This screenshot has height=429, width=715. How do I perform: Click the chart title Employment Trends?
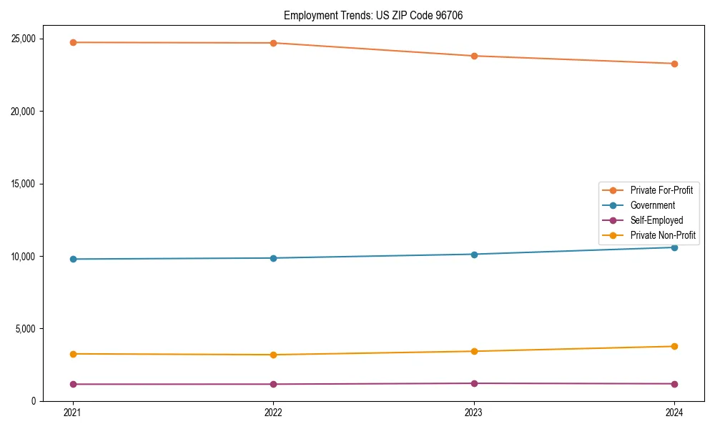(x=373, y=16)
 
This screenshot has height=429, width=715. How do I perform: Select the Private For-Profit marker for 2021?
(x=73, y=42)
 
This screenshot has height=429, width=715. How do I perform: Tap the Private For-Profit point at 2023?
(x=474, y=56)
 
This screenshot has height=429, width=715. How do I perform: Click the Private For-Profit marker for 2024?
(x=674, y=64)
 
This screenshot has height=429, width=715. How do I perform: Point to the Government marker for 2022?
(x=273, y=258)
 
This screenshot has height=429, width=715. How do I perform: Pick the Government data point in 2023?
(x=474, y=254)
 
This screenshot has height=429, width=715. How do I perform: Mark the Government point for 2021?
(x=73, y=259)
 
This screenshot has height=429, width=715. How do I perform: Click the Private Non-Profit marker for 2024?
(x=674, y=346)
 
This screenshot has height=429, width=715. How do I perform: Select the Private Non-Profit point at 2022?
(x=273, y=355)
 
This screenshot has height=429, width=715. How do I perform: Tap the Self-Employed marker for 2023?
(x=474, y=383)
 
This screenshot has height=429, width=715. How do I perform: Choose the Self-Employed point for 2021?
(x=73, y=384)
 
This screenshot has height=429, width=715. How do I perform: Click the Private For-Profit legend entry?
(x=661, y=190)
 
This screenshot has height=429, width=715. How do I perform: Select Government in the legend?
(x=652, y=205)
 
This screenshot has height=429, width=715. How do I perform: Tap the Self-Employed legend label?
(x=656, y=220)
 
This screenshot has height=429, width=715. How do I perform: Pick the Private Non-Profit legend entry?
(x=663, y=235)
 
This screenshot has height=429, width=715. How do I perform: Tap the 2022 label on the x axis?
(x=273, y=413)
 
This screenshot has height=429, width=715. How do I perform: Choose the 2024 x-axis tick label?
(x=674, y=413)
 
